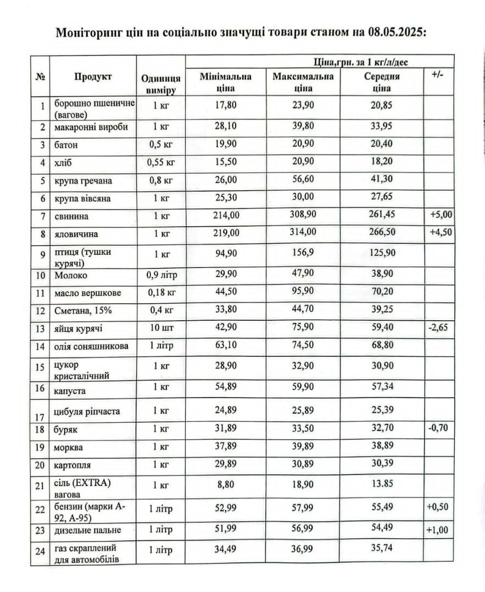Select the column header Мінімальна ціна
coord(226,82)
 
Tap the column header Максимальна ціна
coord(303,82)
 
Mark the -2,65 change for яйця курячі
coord(438,327)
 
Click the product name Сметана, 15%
coord(83,310)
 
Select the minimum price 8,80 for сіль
coord(226,484)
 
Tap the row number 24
coord(40,551)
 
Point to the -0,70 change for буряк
coord(438,427)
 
